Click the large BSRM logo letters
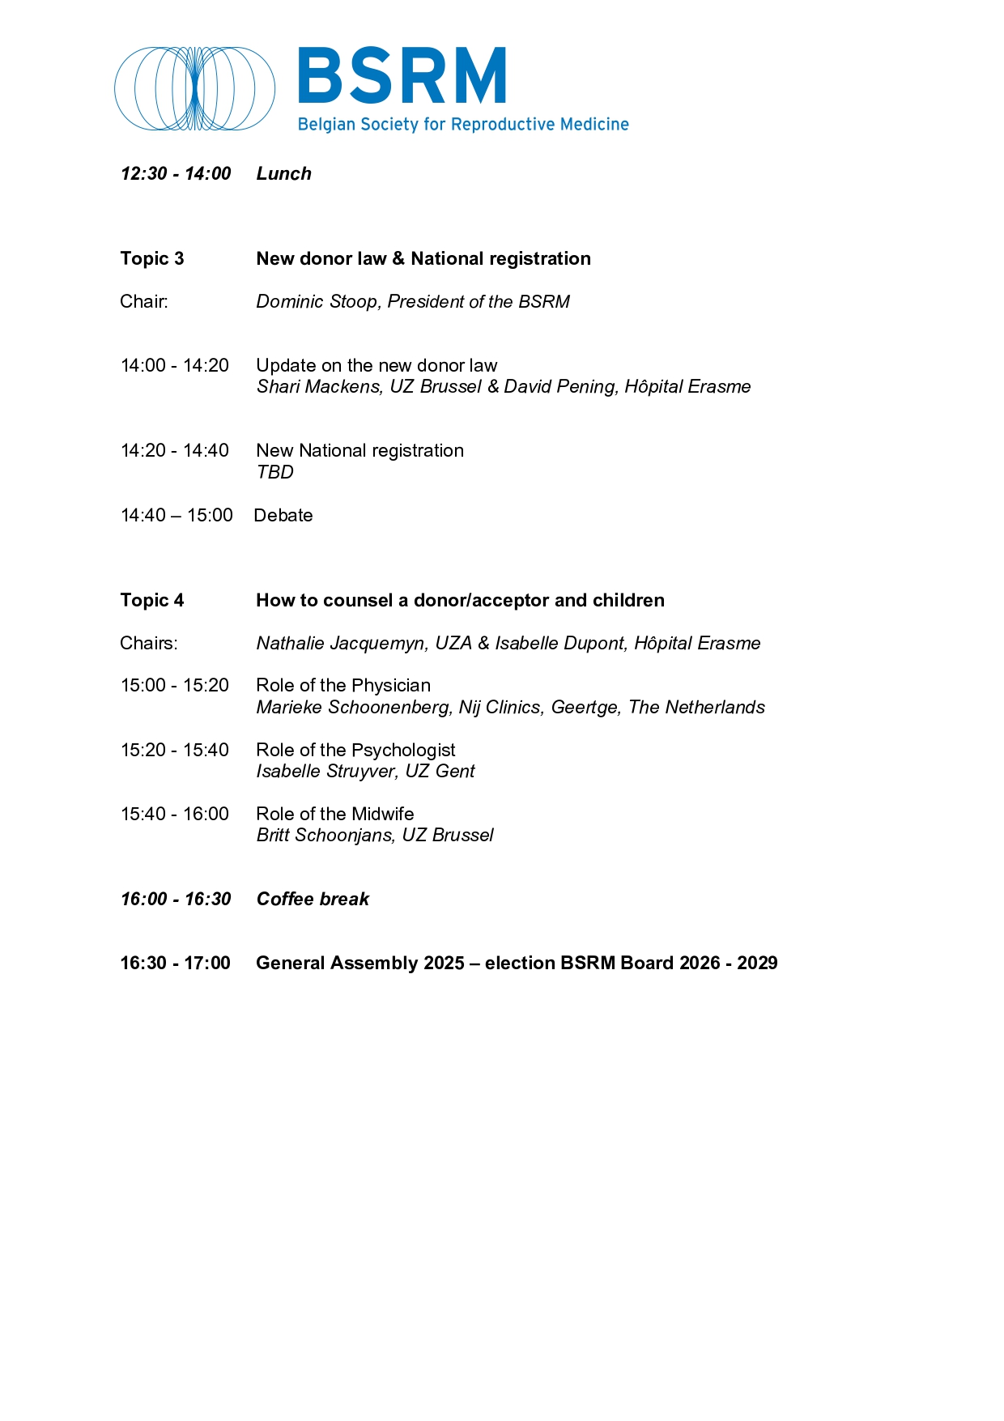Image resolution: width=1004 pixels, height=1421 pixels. (x=402, y=76)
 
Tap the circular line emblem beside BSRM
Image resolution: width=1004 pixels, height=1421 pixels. (x=194, y=88)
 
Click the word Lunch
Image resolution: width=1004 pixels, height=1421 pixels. (x=283, y=173)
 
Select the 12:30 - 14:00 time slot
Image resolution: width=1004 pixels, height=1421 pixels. (x=176, y=173)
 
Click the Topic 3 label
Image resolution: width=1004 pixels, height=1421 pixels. (x=152, y=258)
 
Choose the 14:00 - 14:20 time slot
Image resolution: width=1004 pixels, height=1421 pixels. (x=175, y=365)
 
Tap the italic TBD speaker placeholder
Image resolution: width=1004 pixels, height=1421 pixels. (x=274, y=472)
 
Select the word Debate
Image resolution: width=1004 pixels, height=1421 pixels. (x=283, y=515)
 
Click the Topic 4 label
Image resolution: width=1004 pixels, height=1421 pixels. (x=152, y=600)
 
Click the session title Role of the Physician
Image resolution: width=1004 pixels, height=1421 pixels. (x=343, y=685)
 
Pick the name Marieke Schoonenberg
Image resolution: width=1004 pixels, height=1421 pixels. (x=353, y=707)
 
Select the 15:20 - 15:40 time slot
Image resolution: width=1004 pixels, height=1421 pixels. (x=175, y=750)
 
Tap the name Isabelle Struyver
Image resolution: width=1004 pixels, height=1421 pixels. (x=326, y=771)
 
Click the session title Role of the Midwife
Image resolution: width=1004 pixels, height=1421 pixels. (x=335, y=814)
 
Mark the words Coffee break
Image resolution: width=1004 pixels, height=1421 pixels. (x=313, y=899)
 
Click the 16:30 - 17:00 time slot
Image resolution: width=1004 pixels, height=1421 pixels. (x=176, y=963)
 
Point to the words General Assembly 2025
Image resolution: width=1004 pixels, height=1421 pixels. (x=360, y=963)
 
